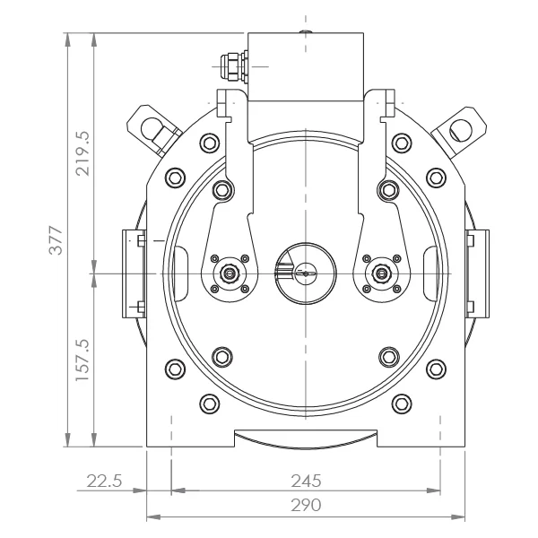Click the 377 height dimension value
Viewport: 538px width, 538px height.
point(56,239)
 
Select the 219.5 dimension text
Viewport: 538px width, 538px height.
point(82,153)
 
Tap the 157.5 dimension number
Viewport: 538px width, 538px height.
point(82,360)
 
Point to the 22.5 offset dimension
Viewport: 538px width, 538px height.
point(104,481)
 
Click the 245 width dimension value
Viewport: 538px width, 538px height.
point(306,481)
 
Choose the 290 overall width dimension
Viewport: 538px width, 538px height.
point(306,505)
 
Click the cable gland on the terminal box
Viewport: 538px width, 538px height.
point(234,66)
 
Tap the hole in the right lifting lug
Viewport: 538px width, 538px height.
point(461,130)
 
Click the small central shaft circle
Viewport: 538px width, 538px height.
point(306,273)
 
